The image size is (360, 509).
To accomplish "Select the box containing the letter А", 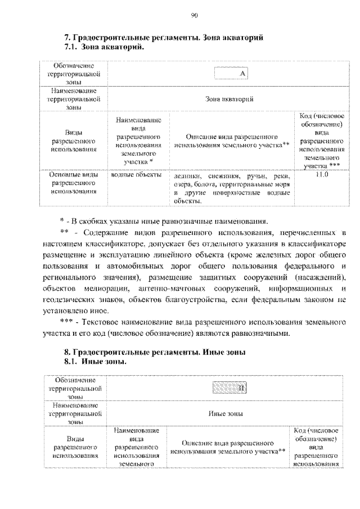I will [x=231, y=74].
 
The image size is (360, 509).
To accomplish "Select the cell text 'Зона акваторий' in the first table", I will [x=231, y=99].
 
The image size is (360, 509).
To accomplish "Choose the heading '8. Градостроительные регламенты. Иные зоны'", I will [x=155, y=352].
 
